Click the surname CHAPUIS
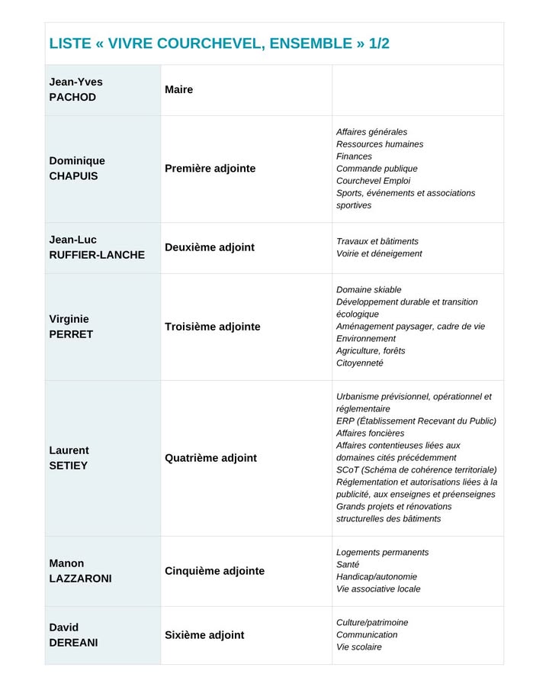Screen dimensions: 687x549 tap(73, 176)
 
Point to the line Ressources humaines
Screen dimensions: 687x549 tap(380, 144)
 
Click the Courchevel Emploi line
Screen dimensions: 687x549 tap(373, 181)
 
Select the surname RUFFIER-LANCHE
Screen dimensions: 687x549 tap(97, 255)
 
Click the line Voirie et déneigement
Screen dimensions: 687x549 tap(379, 253)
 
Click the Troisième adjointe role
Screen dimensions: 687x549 tap(213, 327)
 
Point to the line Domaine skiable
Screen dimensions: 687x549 tap(368, 290)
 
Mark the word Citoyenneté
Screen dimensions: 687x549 tap(360, 363)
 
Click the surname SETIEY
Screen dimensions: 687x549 tap(69, 466)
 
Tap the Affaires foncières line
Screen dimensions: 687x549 tap(371, 434)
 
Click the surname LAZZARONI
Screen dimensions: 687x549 tap(80, 579)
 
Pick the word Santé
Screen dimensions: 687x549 tap(348, 565)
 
